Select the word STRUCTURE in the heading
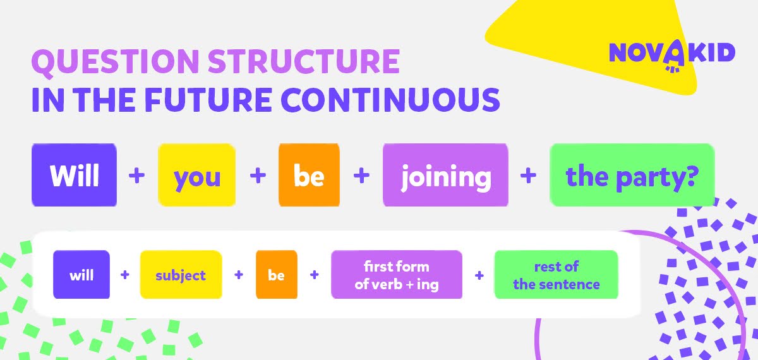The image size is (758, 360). [304, 61]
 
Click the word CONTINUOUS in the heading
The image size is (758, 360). [390, 100]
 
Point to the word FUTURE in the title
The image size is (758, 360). [208, 100]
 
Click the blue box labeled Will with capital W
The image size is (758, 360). [74, 175]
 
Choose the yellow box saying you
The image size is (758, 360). [196, 175]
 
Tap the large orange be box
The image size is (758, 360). [309, 175]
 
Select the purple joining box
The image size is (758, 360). [445, 175]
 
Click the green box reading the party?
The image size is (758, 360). [632, 175]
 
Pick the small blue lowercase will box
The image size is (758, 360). [81, 274]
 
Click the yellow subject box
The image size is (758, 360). [181, 274]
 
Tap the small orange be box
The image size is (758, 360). [277, 274]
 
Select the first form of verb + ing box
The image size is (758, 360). [397, 274]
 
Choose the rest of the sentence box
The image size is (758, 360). [556, 274]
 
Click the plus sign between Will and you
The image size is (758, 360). [136, 176]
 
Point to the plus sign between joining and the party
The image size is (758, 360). [528, 176]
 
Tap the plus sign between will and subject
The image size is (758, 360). [125, 275]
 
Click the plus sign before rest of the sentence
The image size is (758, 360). [479, 275]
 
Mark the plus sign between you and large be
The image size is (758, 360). [258, 176]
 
